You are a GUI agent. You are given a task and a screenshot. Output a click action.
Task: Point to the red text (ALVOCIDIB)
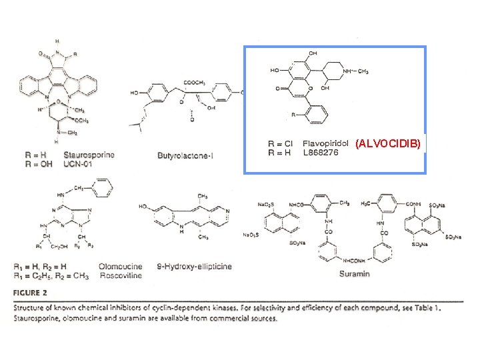click(x=388, y=143)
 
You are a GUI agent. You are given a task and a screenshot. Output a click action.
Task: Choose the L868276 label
click(x=321, y=153)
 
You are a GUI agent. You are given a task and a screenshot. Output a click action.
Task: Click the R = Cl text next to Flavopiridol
click(x=281, y=143)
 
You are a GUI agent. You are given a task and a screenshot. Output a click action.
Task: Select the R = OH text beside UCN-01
click(x=37, y=163)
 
